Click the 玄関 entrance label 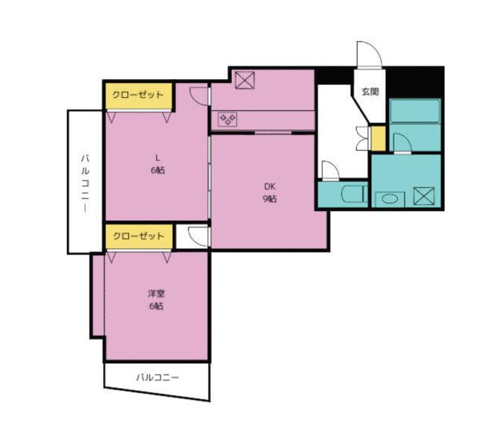(370, 92)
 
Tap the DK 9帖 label (270, 193)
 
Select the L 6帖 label (157, 163)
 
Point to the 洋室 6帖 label (156, 300)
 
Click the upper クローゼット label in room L (138, 96)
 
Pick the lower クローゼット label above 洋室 (138, 236)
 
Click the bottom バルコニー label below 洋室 (157, 378)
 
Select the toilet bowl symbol (352, 196)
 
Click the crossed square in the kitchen (245, 80)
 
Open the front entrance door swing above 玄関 (369, 54)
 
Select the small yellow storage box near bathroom (378, 139)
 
